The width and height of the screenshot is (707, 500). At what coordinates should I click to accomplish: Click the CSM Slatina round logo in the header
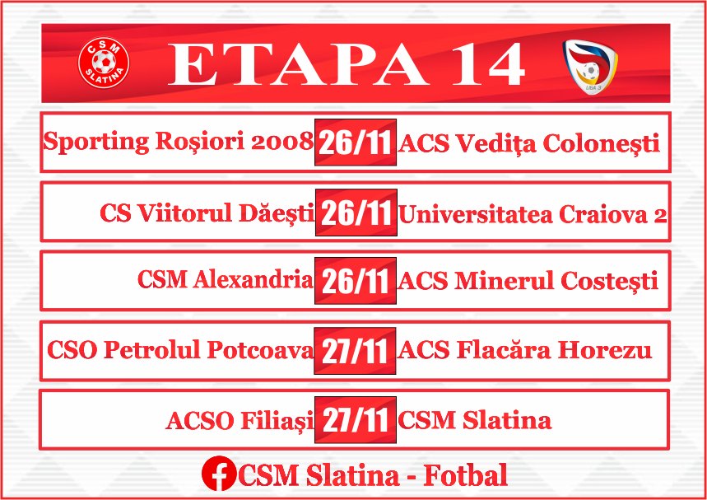(x=104, y=63)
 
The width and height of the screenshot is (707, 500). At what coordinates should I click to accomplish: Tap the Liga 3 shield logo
(x=590, y=66)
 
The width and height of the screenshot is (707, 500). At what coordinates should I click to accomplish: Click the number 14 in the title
(x=488, y=64)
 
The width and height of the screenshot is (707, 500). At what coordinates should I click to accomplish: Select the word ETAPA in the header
(x=298, y=64)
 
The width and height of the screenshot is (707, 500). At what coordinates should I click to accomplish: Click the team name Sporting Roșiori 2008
(x=178, y=142)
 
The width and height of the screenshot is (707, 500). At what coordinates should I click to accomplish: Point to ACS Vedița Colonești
(x=529, y=143)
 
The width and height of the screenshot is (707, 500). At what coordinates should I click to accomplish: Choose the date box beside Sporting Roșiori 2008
(x=356, y=143)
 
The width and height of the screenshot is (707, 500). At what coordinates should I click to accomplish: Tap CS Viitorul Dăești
(x=207, y=213)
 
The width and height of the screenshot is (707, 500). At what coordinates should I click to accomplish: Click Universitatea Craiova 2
(x=532, y=214)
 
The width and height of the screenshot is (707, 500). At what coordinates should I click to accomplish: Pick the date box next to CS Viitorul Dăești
(x=356, y=213)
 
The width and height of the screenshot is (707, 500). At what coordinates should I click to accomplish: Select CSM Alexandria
(x=225, y=279)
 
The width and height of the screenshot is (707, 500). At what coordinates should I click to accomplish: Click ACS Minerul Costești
(x=528, y=281)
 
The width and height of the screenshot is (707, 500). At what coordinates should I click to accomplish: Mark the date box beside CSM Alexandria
(x=356, y=281)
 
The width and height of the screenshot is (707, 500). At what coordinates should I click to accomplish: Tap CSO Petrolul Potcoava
(x=180, y=350)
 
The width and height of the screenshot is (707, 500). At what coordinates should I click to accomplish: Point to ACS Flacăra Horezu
(x=525, y=350)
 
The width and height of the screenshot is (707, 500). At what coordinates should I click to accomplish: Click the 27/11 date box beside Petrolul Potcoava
(x=355, y=351)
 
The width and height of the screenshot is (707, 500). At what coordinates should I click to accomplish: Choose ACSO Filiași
(x=240, y=421)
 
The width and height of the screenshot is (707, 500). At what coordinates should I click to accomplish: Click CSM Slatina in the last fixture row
(x=474, y=419)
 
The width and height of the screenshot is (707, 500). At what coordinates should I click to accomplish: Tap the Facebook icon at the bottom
(x=219, y=474)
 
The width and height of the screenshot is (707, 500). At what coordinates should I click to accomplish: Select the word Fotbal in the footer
(x=465, y=474)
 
